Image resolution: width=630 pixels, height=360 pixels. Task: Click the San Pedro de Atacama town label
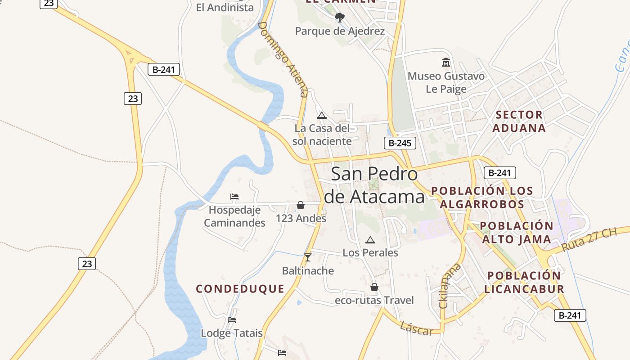pyautogui.click(x=373, y=185)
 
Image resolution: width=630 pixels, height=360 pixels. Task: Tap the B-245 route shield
pyautogui.click(x=400, y=143)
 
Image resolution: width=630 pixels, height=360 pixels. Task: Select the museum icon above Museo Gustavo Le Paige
pyautogui.click(x=446, y=63)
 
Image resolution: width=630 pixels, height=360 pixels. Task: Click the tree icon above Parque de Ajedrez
pyautogui.click(x=340, y=18)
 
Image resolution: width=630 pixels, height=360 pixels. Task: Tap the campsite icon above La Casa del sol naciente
pyautogui.click(x=321, y=115)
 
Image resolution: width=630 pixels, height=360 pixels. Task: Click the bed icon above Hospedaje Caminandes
pyautogui.click(x=234, y=197)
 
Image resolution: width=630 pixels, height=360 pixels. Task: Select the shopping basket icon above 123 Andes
pyautogui.click(x=301, y=205)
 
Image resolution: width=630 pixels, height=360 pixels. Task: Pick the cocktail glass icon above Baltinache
pyautogui.click(x=308, y=257)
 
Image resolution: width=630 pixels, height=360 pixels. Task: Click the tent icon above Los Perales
pyautogui.click(x=370, y=240)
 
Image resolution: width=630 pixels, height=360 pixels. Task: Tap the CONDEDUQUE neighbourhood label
pyautogui.click(x=240, y=289)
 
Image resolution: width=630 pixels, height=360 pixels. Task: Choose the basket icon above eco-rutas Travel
pyautogui.click(x=374, y=287)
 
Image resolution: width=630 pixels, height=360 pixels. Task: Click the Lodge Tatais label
pyautogui.click(x=231, y=333)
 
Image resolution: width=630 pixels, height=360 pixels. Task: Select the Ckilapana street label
pyautogui.click(x=450, y=286)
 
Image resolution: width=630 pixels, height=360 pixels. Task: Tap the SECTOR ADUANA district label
pyautogui.click(x=519, y=121)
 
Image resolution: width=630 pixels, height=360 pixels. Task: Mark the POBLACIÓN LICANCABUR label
pyautogui.click(x=524, y=282)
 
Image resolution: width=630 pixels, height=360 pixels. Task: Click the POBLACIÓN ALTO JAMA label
pyautogui.click(x=517, y=232)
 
